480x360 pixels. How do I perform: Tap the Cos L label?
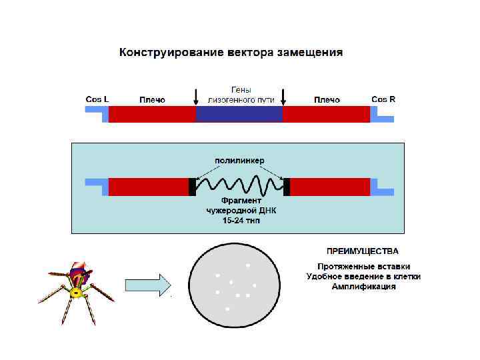point(97,99)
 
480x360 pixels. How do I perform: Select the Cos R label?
point(383,99)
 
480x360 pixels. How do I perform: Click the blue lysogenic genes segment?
point(239,114)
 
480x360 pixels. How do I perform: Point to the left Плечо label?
point(152,100)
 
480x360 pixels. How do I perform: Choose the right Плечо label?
point(327,100)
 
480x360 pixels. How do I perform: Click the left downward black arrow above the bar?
point(195,97)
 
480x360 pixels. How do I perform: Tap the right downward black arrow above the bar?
point(283,97)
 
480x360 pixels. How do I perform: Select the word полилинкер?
point(239,161)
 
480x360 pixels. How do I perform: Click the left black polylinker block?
point(193,187)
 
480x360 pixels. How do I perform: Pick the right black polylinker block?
point(287,187)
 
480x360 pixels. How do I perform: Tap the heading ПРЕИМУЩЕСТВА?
point(363,252)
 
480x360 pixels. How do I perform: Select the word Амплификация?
point(363,287)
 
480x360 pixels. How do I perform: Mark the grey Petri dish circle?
point(233,285)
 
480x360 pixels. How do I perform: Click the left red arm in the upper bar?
point(152,114)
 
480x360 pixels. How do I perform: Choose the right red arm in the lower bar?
point(330,187)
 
